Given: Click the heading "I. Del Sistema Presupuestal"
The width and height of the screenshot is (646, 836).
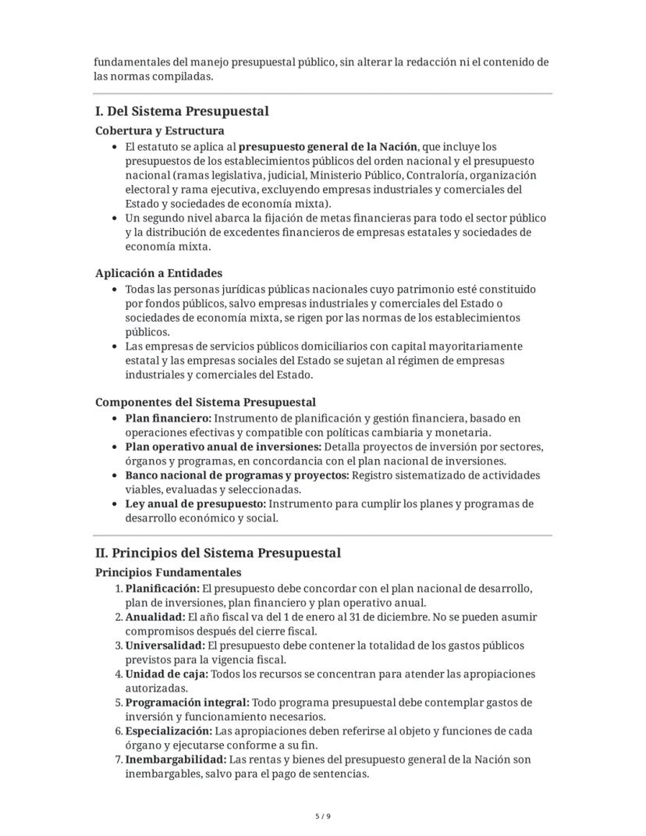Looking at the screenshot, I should click(182, 112).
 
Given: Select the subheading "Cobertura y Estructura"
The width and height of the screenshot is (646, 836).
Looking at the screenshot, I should click(160, 131).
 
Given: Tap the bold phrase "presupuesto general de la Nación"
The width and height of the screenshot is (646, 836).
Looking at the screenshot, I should click(328, 147).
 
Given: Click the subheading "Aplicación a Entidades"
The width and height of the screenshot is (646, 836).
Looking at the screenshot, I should click(159, 273).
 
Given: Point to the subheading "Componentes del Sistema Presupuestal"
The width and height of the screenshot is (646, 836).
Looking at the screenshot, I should click(205, 402).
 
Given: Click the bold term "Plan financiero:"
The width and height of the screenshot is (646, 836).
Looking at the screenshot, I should click(169, 418).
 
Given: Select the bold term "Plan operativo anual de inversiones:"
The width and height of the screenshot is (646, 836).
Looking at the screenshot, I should click(223, 447).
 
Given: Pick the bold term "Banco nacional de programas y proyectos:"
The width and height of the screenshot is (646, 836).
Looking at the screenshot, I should click(237, 475).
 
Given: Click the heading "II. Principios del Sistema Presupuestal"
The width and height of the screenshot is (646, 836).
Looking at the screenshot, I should click(218, 553).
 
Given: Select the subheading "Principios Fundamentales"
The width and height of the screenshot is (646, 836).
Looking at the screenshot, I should click(169, 572).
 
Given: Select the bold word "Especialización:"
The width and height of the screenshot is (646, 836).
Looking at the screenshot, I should click(169, 731).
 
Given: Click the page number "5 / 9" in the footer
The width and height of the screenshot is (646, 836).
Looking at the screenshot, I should click(323, 816).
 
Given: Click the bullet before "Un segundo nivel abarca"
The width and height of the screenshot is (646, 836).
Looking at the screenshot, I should click(115, 219).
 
